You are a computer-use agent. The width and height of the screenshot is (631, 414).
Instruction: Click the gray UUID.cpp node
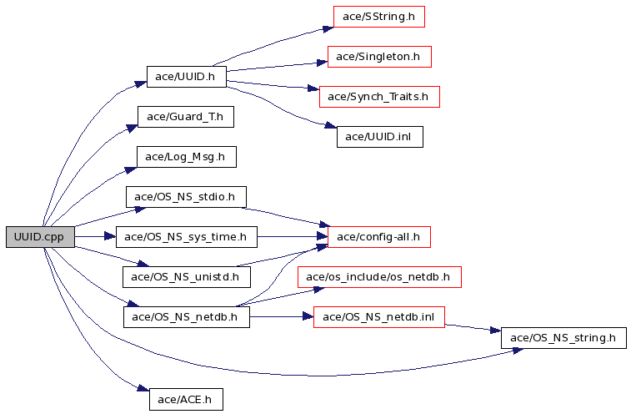click(40, 237)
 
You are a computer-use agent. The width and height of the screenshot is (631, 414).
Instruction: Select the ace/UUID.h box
click(186, 77)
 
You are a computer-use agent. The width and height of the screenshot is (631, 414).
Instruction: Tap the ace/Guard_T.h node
click(185, 117)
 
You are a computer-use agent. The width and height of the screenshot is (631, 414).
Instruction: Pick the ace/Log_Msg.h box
click(185, 157)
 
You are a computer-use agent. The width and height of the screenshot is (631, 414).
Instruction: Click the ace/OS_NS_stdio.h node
click(186, 197)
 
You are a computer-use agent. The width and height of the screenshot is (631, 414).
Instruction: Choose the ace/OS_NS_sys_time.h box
click(186, 237)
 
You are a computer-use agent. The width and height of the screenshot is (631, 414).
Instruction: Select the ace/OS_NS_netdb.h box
click(186, 317)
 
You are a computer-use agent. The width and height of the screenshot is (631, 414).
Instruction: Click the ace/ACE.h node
click(186, 399)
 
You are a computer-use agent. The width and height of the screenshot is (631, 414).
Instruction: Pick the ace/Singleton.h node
click(379, 57)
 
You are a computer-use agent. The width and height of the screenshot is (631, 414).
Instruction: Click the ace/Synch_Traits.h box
click(378, 97)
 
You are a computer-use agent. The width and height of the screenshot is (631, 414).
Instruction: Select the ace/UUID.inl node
click(379, 137)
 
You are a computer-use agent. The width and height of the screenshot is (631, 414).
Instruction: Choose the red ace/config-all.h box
click(379, 237)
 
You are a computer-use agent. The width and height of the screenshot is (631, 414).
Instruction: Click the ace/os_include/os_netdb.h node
click(379, 276)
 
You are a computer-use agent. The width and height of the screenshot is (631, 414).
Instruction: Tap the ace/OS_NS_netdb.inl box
click(378, 317)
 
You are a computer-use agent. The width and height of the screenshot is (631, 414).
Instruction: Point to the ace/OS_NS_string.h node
click(563, 338)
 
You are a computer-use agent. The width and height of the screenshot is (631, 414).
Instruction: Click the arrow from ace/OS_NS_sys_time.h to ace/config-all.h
click(292, 237)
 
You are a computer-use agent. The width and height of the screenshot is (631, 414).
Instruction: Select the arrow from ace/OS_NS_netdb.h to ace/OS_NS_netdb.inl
click(281, 317)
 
